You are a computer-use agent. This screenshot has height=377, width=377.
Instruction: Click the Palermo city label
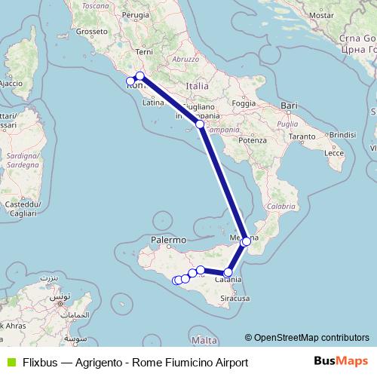[167, 239]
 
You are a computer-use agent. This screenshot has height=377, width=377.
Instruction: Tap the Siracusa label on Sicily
[236, 299]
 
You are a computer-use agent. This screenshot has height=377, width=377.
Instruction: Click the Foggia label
[244, 103]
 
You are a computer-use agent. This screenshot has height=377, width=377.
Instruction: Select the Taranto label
[300, 136]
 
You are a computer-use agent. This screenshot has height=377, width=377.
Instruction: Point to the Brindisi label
[342, 133]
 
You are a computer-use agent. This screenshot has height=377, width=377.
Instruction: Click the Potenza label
[253, 140]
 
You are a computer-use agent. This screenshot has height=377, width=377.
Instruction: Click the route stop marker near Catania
[228, 272]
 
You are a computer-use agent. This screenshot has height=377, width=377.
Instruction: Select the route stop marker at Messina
[246, 241]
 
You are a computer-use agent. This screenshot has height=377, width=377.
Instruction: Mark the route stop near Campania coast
[200, 124]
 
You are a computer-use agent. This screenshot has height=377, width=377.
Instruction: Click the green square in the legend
[10, 362]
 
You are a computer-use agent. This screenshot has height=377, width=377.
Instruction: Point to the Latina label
[153, 103]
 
